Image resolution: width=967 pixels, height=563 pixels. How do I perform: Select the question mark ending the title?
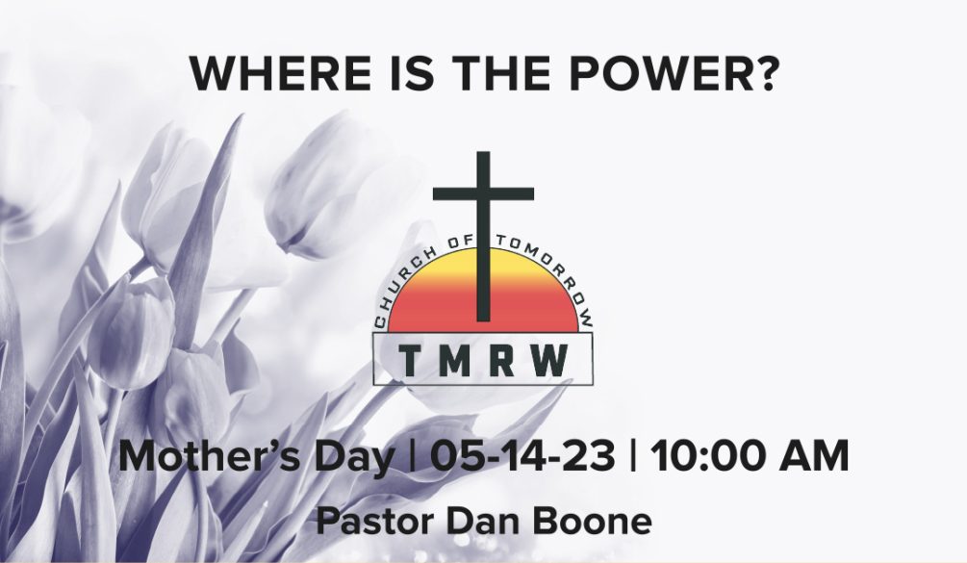[x=766, y=73]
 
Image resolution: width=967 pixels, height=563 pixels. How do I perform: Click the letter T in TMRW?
[x=410, y=361]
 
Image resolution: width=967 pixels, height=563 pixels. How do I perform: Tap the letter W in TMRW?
[x=550, y=361]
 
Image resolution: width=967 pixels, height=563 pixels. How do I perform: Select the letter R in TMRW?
[x=502, y=361]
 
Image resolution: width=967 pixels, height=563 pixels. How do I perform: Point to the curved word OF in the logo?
[x=460, y=242]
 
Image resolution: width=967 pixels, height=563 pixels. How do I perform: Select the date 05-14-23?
[x=523, y=457]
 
